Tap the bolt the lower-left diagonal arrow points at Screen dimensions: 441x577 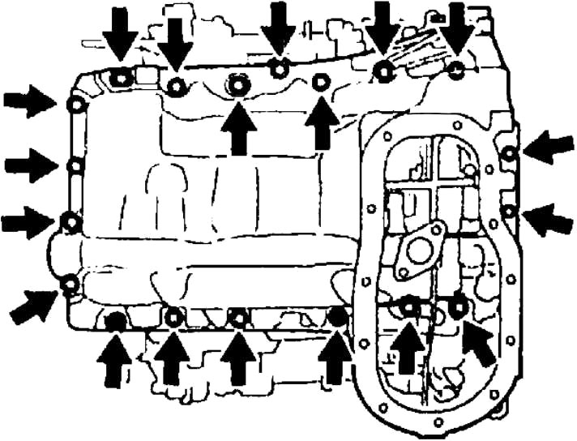(x=71, y=283)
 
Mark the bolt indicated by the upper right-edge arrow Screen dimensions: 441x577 (x=508, y=154)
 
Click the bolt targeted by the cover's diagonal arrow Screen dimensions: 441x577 (x=458, y=307)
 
